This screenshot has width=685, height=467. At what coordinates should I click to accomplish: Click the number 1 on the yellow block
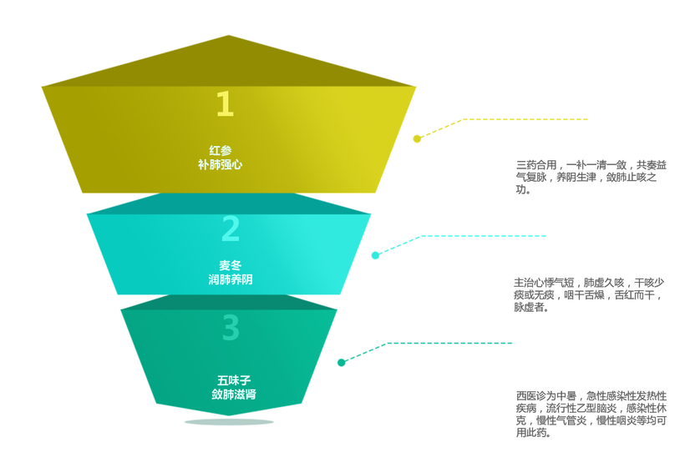point(225,104)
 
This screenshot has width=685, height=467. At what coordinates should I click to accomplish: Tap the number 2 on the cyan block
point(231,228)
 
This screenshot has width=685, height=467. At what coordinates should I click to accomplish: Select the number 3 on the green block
point(231,328)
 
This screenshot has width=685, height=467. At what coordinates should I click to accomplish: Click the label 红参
point(221,150)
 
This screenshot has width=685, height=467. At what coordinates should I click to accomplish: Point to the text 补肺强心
point(221,165)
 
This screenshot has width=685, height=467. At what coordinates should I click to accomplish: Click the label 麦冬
point(231,265)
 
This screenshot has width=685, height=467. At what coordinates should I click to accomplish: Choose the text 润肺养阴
point(231,280)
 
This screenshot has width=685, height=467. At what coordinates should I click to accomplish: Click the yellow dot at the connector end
point(417,138)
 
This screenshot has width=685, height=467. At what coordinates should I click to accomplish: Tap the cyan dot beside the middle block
point(375,255)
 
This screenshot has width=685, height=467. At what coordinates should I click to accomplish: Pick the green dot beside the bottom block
point(341,362)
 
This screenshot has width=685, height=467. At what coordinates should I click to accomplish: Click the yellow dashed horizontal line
point(526,119)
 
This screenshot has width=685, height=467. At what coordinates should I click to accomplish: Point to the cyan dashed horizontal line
point(485,236)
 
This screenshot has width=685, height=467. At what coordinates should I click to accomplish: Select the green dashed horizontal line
point(451,343)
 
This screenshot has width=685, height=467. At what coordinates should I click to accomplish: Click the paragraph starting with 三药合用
point(591,177)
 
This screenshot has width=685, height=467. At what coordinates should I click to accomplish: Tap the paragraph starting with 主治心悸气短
point(589,294)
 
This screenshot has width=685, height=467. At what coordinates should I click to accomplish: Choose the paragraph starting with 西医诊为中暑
point(591,414)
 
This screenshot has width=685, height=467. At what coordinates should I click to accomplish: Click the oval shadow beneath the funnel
point(229,422)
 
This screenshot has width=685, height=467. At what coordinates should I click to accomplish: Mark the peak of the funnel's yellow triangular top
point(228,36)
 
